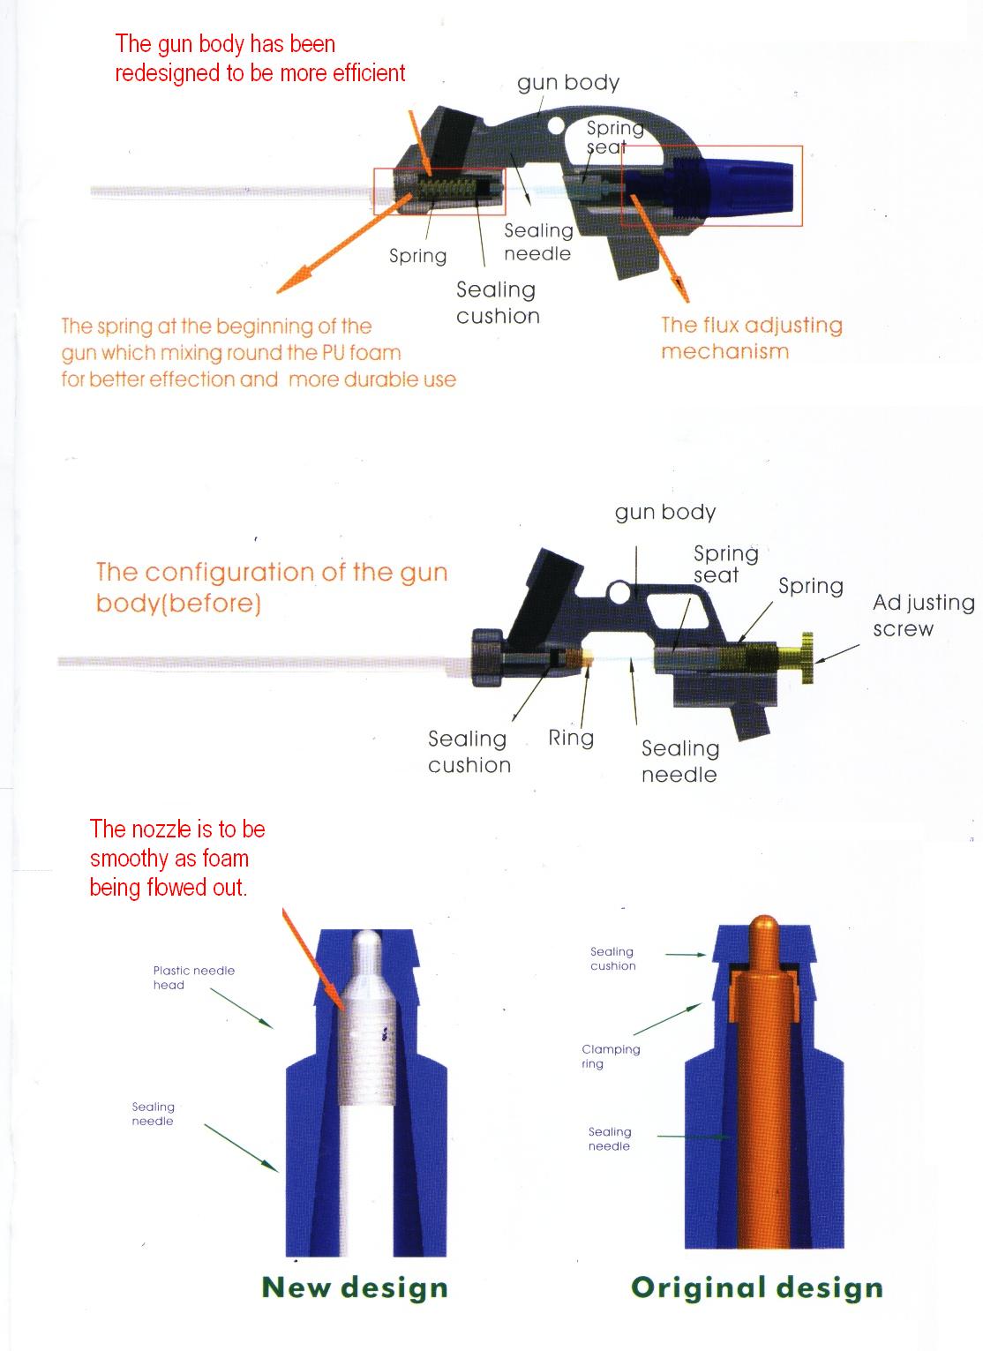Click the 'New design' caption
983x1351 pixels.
point(355,1287)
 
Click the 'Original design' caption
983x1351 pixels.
point(756,1287)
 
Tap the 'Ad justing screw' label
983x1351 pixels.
point(923,615)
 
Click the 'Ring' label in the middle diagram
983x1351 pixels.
point(571,738)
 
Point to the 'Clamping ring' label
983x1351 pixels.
point(611,1056)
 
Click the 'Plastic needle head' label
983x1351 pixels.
point(193,978)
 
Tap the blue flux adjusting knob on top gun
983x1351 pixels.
point(741,186)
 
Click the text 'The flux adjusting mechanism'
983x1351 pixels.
point(751,338)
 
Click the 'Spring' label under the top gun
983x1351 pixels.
point(417,256)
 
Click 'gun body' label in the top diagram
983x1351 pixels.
point(568,83)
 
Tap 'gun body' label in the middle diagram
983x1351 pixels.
point(664,513)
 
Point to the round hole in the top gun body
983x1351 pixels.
point(556,126)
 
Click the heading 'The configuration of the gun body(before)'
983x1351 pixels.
point(271,587)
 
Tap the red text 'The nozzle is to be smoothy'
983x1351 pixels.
point(176,858)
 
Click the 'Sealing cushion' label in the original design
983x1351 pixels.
point(612,958)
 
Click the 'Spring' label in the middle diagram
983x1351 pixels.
point(810,587)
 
